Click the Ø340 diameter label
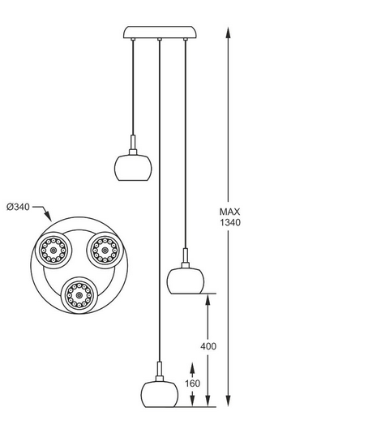(x=18, y=207)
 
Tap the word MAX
(x=229, y=212)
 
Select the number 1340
(x=230, y=222)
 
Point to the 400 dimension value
(x=208, y=346)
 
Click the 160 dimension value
(x=192, y=384)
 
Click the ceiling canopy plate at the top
(x=160, y=32)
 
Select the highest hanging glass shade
(x=133, y=168)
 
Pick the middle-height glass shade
(x=186, y=281)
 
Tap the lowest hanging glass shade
(x=160, y=394)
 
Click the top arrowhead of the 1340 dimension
(x=228, y=32)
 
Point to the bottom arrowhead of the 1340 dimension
(x=228, y=401)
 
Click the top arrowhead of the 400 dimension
(x=208, y=300)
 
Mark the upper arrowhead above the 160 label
(x=192, y=369)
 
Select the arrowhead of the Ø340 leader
(x=49, y=216)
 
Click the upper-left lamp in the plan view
(x=54, y=251)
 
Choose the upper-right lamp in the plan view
(x=105, y=251)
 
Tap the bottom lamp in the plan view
(x=79, y=295)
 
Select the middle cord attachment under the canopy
(x=160, y=40)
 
